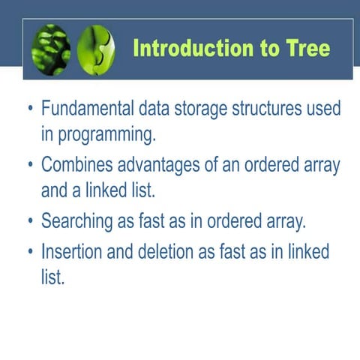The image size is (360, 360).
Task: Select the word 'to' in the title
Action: tap(262, 49)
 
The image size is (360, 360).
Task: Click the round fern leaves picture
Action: tap(52, 49)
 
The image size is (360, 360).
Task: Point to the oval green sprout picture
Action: tap(97, 49)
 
